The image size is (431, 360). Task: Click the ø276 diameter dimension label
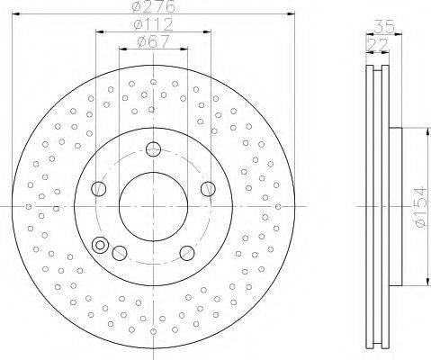(153, 6)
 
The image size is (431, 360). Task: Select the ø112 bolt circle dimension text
(153, 24)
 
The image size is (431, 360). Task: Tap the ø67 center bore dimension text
(153, 41)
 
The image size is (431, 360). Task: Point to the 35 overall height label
(384, 27)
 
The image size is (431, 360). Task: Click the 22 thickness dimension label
(378, 45)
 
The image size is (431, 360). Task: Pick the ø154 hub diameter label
(420, 207)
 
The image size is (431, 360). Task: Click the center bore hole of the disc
(153, 207)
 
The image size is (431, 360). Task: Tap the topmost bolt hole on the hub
(153, 149)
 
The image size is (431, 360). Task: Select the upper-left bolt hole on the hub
(99, 189)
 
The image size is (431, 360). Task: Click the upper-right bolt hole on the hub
(208, 189)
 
